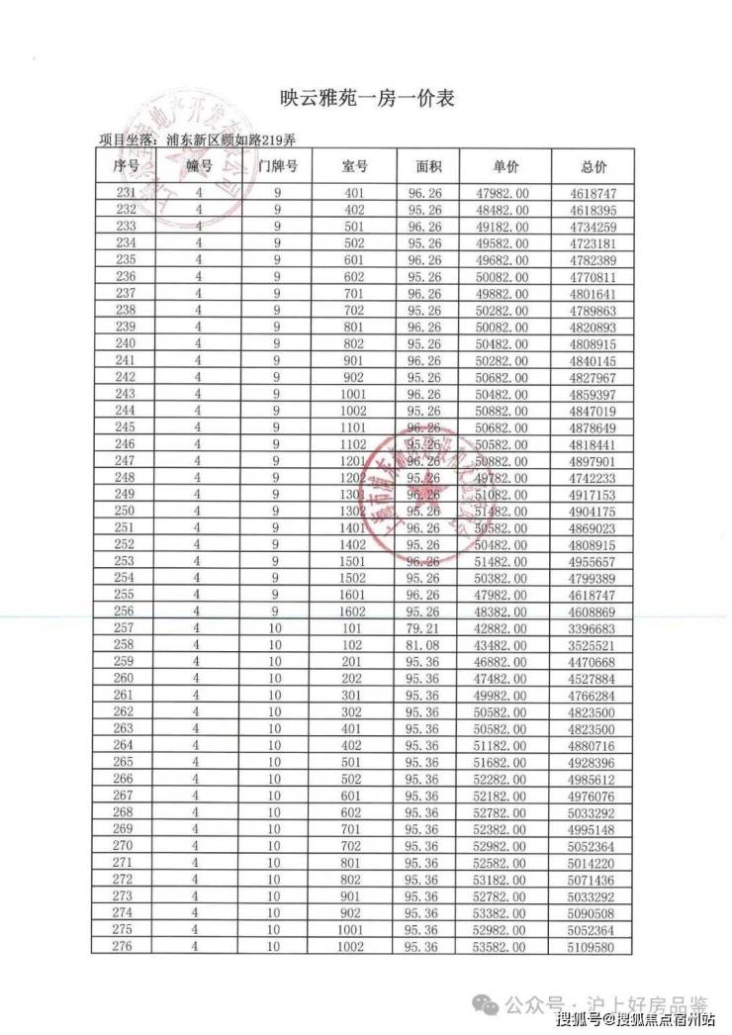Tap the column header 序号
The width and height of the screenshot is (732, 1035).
[127, 165]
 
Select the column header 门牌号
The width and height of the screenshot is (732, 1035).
[278, 165]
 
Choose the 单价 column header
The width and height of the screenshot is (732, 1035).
[505, 165]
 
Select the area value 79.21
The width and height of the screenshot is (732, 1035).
[426, 628]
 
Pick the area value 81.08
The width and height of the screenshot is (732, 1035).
[426, 645]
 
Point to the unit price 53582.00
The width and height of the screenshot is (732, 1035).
[505, 947]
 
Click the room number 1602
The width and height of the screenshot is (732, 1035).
[354, 612]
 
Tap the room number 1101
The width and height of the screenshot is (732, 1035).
[354, 427]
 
